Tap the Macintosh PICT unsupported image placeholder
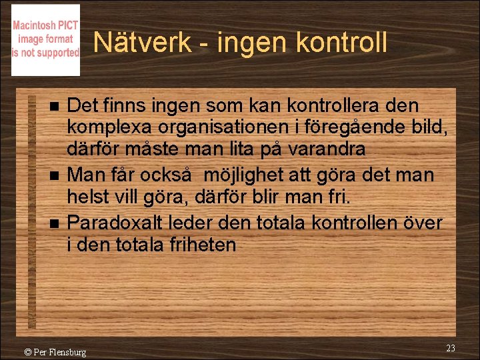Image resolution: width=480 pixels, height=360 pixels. click(x=45, y=40)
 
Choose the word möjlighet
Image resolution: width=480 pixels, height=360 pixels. click(x=247, y=176)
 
